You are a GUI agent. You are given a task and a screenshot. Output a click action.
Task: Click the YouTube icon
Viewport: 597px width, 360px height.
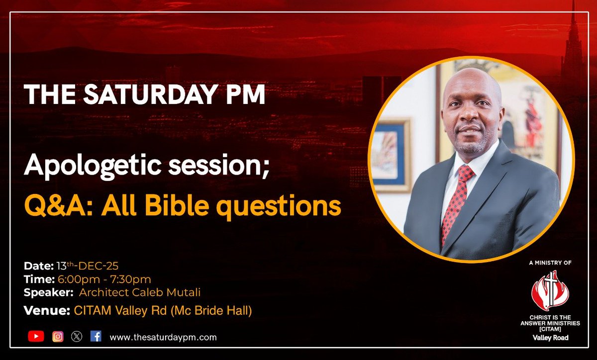tap(36, 337)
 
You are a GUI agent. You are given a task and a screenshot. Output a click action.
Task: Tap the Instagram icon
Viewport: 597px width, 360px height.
tap(58, 337)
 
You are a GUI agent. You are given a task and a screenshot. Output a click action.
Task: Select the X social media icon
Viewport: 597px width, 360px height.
tap(77, 337)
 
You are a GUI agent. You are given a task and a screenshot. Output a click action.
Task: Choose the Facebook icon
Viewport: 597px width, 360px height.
tap(96, 337)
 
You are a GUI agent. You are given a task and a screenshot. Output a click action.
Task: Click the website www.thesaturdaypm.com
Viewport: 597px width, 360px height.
tap(163, 337)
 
